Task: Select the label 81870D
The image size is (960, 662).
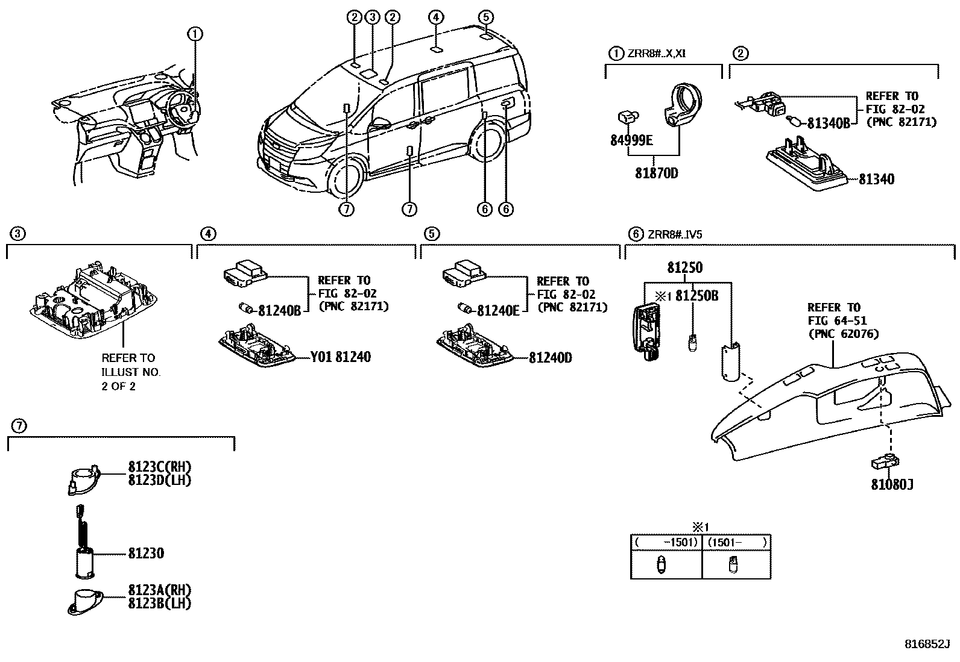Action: [656, 173]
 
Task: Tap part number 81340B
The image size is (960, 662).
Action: [828, 123]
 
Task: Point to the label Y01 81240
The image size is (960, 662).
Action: [341, 357]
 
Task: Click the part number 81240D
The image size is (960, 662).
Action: [550, 358]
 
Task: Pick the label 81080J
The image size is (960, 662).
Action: [891, 484]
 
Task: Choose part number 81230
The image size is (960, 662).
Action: [145, 553]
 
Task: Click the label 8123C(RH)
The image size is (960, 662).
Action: [159, 467]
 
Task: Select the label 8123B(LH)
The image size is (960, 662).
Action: [159, 603]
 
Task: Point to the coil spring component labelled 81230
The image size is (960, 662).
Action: [84, 530]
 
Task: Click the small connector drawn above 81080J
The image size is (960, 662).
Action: [884, 462]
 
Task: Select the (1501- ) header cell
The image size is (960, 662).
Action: [736, 542]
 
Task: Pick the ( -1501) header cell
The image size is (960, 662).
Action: [666, 542]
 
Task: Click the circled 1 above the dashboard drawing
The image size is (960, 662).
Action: [195, 34]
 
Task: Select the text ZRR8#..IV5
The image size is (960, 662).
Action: [675, 234]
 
